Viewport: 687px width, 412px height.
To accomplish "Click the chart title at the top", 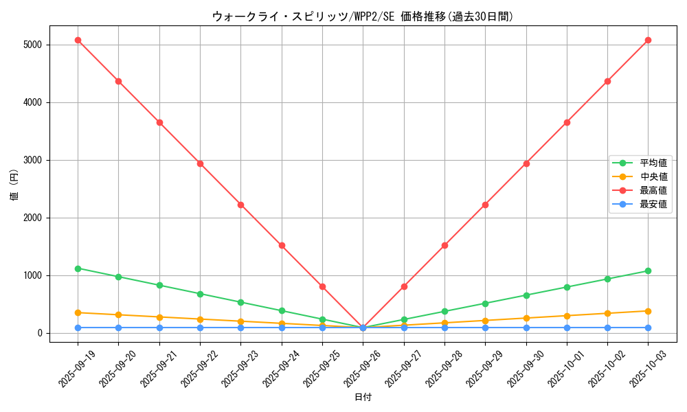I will pyautogui.click(x=363, y=16).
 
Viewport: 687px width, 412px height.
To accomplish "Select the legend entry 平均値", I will pyautogui.click(x=653, y=163).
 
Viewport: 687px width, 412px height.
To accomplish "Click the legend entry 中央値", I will pyautogui.click(x=653, y=176).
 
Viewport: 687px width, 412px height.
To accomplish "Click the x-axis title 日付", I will pyautogui.click(x=363, y=398).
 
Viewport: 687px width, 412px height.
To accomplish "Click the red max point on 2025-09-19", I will pyautogui.click(x=78, y=40).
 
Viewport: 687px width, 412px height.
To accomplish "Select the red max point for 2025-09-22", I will pyautogui.click(x=200, y=163).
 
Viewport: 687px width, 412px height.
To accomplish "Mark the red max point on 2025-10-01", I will pyautogui.click(x=567, y=122).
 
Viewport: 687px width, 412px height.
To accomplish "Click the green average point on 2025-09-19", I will pyautogui.click(x=78, y=268).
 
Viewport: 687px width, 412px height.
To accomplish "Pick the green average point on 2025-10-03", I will pyautogui.click(x=648, y=271).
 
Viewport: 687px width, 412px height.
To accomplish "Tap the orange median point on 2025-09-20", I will pyautogui.click(x=118, y=315).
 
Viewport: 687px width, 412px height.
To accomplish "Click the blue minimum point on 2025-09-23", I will pyautogui.click(x=240, y=328).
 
